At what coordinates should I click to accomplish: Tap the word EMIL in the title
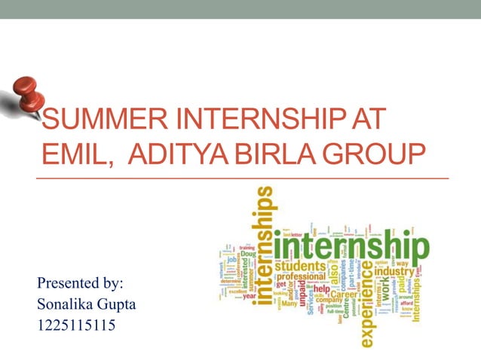(x=74, y=155)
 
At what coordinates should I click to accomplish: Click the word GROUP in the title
(x=375, y=155)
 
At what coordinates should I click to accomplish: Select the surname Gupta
(x=111, y=305)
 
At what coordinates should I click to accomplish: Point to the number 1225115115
(x=75, y=326)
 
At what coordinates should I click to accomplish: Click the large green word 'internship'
(x=351, y=246)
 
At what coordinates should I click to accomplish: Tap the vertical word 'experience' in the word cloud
(x=366, y=309)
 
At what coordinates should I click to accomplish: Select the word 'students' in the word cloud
(x=299, y=265)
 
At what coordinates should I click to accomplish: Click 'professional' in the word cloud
(x=299, y=277)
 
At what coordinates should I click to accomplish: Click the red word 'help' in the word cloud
(x=322, y=288)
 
